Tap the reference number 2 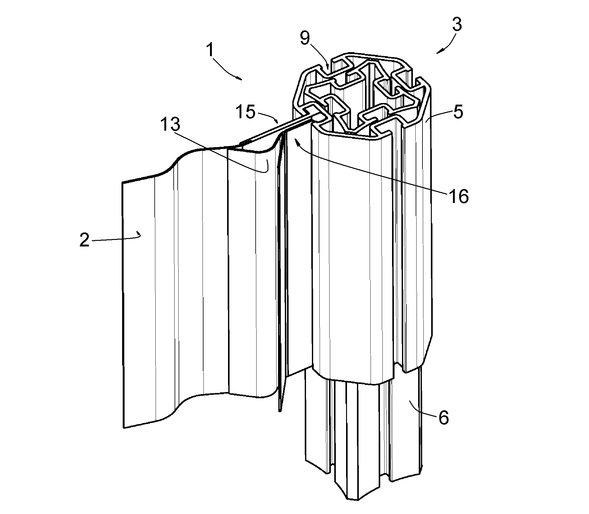(x=84, y=240)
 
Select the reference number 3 (x=456, y=25)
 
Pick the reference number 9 (x=305, y=39)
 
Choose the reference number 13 (x=170, y=124)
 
